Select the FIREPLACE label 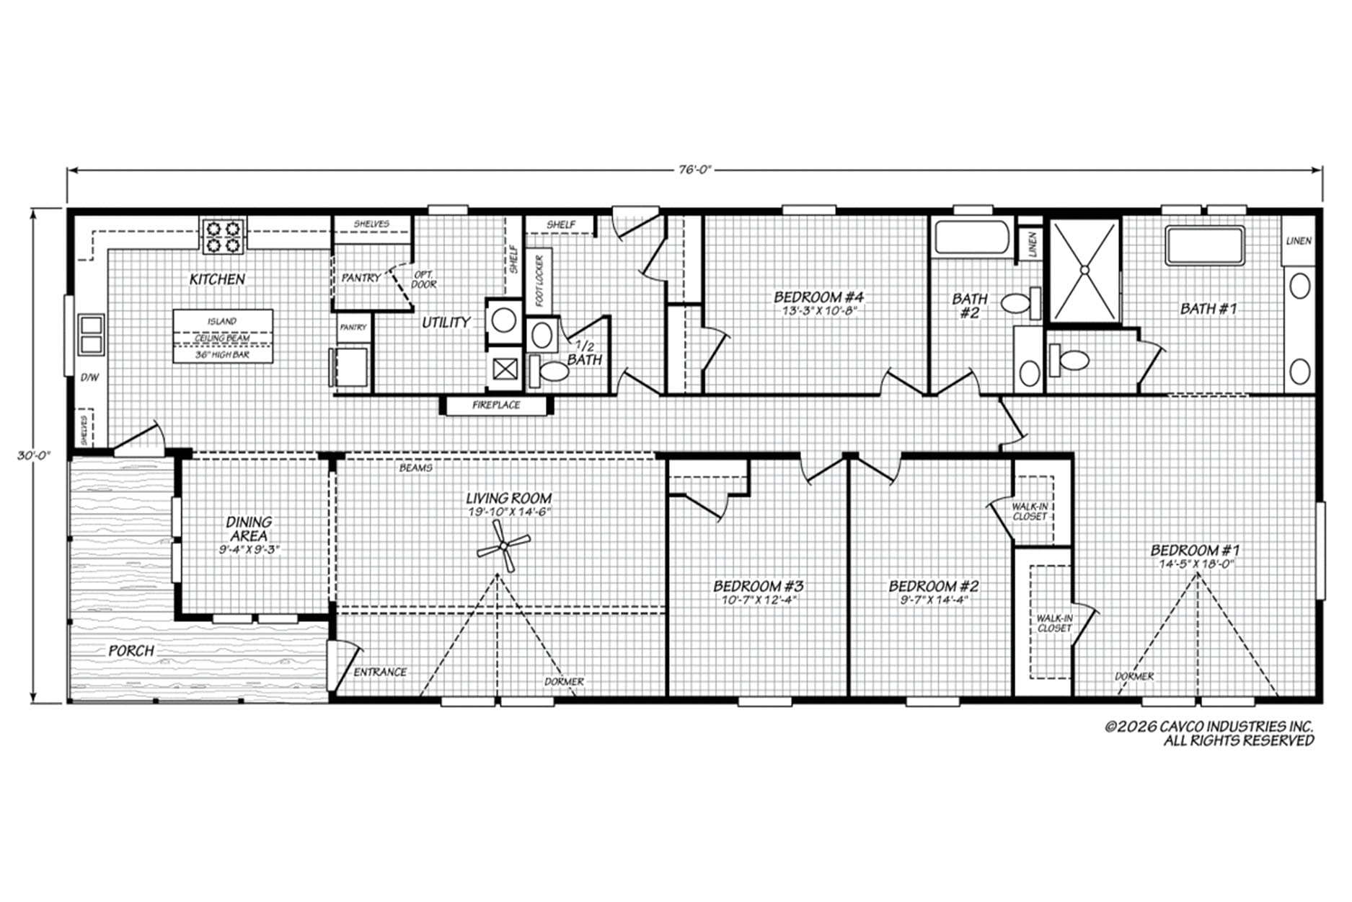tap(496, 406)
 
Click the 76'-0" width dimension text tap(694, 170)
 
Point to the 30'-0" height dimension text tap(34, 456)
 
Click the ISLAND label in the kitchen tap(222, 321)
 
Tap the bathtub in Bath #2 tap(972, 237)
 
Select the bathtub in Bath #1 tap(1206, 246)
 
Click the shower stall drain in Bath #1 tap(1084, 270)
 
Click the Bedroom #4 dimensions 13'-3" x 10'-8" tap(819, 312)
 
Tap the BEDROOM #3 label tap(759, 586)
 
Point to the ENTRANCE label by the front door tap(380, 672)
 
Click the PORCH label tap(131, 651)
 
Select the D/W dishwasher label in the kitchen tap(89, 377)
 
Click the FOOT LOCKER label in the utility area tap(539, 281)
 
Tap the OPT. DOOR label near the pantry tap(424, 279)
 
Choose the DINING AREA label tap(249, 528)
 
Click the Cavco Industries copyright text tap(1209, 733)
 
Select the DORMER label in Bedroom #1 tap(1134, 676)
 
